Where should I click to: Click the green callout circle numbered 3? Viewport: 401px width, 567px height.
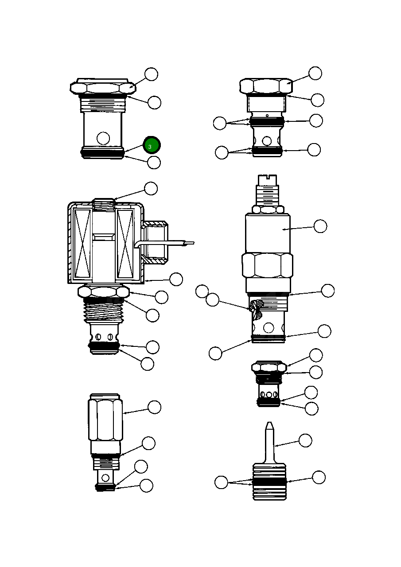tap(152, 145)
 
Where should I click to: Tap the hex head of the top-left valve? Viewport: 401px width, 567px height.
tap(102, 87)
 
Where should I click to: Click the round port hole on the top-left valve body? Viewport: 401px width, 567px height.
tap(103, 138)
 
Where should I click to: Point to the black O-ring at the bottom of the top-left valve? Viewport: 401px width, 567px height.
tap(102, 153)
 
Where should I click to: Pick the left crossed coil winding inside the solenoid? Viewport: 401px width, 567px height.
tap(82, 243)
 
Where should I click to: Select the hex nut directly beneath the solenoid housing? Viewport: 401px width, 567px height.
tap(104, 292)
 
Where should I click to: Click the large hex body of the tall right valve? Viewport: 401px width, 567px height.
tap(267, 265)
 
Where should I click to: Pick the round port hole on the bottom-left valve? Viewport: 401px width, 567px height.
tap(105, 478)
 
